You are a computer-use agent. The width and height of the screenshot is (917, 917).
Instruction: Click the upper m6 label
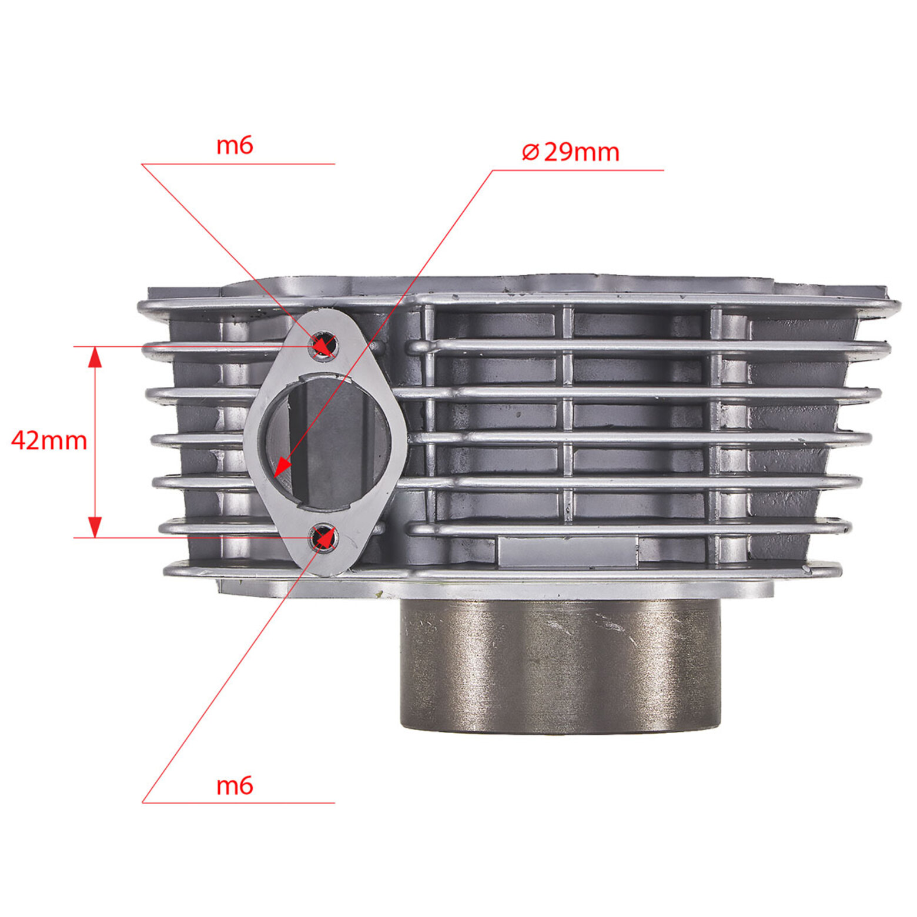point(235,145)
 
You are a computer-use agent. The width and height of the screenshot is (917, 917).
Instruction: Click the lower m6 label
point(235,785)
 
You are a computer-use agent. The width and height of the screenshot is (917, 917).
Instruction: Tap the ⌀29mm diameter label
point(570,152)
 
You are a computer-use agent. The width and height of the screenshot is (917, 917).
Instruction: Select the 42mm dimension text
point(49,440)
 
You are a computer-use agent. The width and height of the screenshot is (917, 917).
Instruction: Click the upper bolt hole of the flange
point(324,344)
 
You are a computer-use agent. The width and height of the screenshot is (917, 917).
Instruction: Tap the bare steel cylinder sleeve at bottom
point(560,666)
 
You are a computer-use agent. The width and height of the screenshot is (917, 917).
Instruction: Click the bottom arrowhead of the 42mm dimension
point(95,527)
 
